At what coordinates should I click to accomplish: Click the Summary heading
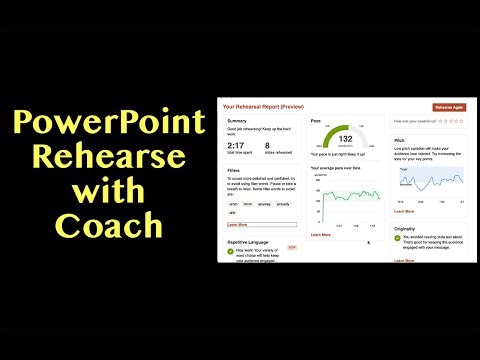click(237, 120)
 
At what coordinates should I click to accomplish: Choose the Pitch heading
click(400, 141)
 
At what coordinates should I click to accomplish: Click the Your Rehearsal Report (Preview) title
click(263, 104)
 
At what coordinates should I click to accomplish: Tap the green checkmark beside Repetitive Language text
click(231, 251)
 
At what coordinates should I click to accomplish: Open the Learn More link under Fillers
click(237, 225)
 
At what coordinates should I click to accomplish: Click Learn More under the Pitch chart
click(404, 211)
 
